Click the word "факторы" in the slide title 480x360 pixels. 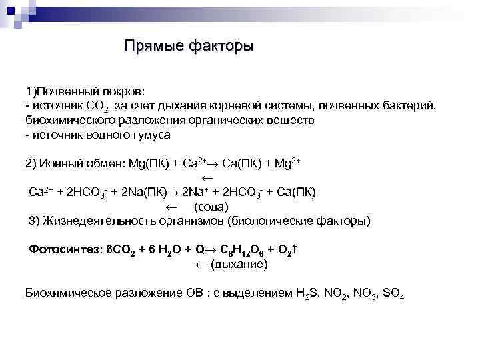coord(221,47)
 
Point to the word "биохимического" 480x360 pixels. coord(69,120)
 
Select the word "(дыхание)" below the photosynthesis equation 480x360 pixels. coord(240,265)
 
